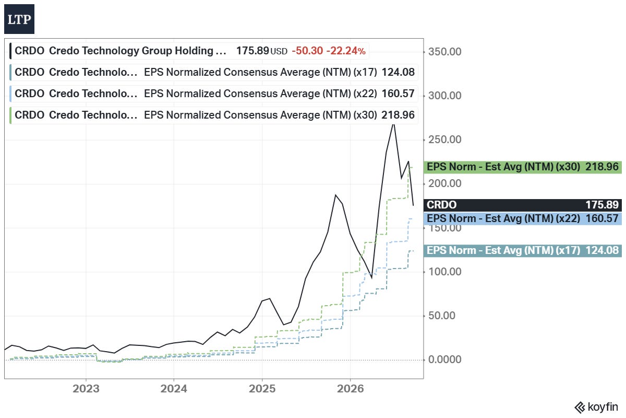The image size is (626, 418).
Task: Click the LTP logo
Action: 19,19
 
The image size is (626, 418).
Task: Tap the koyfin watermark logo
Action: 596,407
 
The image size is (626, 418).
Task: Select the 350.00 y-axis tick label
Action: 444,52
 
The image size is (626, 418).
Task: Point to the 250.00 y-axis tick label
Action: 444,140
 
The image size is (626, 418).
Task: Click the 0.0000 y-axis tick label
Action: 444,359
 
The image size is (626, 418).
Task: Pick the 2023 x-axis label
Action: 86,389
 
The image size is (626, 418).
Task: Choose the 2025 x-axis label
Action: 262,389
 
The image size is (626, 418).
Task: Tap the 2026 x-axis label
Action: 351,389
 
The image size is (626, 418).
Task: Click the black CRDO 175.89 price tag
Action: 523,205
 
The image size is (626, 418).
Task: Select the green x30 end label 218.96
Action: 523,167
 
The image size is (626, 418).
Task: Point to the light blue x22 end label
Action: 523,218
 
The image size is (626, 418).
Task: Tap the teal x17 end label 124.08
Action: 523,251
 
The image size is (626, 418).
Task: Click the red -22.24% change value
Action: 346,51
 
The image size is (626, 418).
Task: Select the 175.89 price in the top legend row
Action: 252,51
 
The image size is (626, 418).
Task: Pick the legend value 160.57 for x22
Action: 398,94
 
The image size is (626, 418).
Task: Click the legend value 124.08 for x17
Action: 398,72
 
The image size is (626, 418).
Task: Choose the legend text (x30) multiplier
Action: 365,115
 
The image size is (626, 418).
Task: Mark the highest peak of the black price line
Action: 393,124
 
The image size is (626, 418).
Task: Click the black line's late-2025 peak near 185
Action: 335,195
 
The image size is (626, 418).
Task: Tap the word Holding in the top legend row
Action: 194,51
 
